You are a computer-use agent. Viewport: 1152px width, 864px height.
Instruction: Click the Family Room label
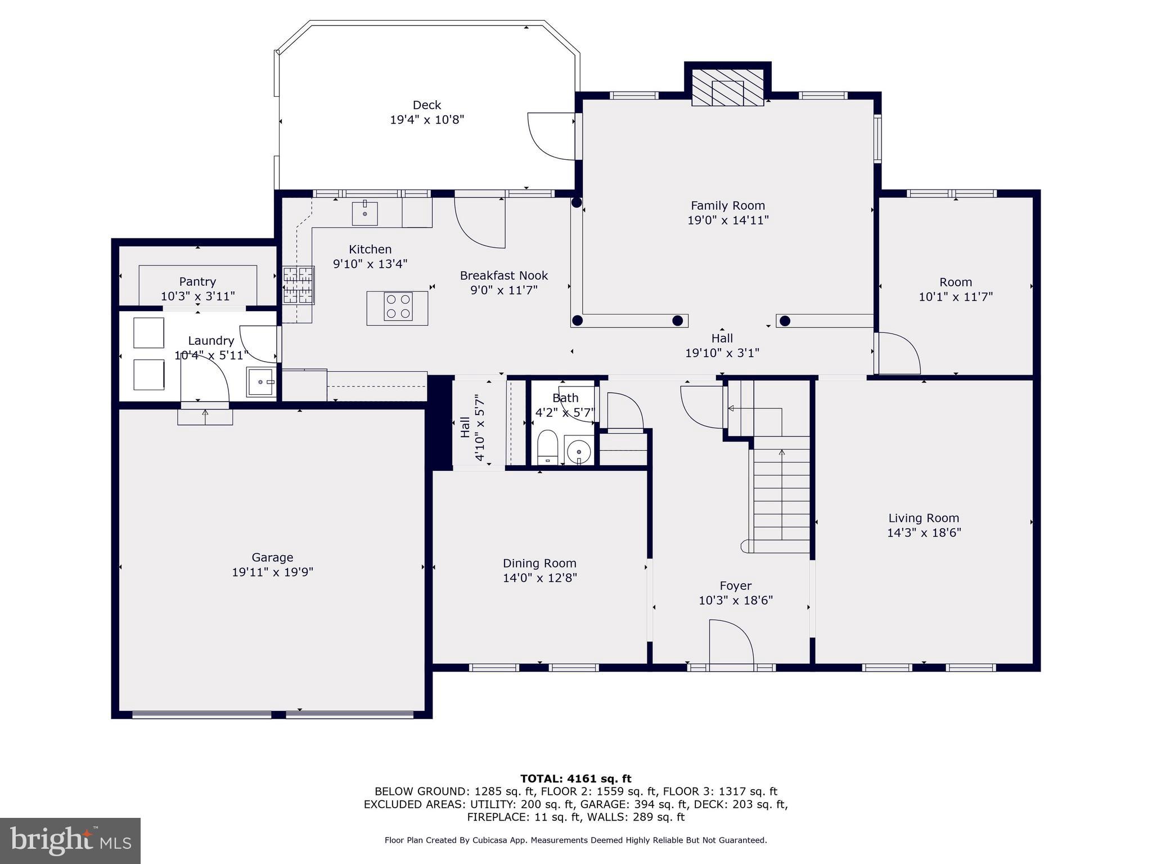(727, 206)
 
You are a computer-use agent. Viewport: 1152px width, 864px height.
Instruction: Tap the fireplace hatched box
(727, 88)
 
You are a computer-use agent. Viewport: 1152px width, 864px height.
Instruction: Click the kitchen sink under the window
(364, 213)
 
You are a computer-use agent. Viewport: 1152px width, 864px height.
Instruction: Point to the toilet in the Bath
(547, 447)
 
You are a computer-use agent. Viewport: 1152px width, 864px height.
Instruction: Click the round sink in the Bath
(579, 451)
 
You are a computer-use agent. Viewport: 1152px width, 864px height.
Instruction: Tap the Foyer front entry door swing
(730, 642)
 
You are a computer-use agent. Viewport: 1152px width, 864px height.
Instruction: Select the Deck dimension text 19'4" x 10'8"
(427, 120)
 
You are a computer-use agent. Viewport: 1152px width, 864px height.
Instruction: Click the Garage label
(272, 557)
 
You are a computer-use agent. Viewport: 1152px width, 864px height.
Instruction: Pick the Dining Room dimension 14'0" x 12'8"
(539, 578)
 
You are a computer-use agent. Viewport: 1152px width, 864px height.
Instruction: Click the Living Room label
(924, 518)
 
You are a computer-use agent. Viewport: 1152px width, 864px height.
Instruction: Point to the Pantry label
(197, 281)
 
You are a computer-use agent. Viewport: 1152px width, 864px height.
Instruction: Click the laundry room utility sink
(260, 382)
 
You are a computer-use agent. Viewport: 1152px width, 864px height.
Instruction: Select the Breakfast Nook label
(503, 276)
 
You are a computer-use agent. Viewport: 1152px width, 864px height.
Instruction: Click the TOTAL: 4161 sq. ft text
(575, 778)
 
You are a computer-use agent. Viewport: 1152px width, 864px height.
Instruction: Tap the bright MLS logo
(70, 840)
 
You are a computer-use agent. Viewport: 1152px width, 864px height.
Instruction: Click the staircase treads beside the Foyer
(781, 495)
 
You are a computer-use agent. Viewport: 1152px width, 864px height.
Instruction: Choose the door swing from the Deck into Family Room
(551, 136)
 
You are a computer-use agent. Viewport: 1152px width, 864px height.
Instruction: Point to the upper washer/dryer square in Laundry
(148, 332)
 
